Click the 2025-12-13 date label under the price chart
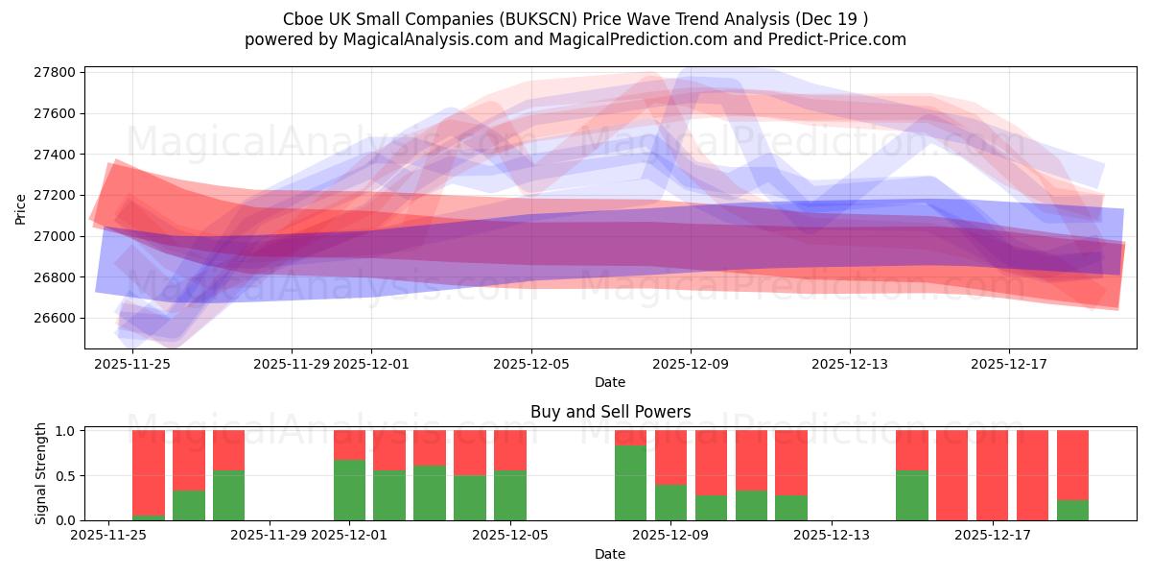click(x=850, y=364)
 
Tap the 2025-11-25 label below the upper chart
click(x=132, y=364)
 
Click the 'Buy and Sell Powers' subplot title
click(x=610, y=412)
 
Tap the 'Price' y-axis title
click(x=22, y=208)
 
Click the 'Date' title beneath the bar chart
click(x=610, y=554)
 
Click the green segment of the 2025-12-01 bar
click(x=350, y=490)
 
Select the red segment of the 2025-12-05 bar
click(x=510, y=449)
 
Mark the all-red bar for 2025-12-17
click(x=993, y=475)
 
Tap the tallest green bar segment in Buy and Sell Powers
click(x=630, y=483)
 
